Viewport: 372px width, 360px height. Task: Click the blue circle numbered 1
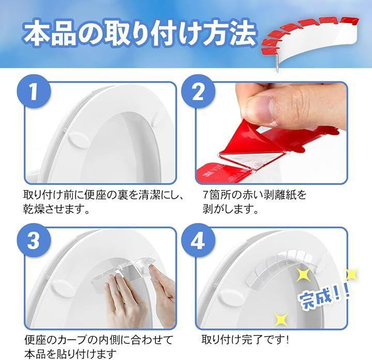tap(34, 91)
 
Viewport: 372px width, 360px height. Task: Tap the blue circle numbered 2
tap(198, 91)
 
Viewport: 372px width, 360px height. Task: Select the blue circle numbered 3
tap(34, 240)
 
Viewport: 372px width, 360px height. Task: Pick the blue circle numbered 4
tap(198, 240)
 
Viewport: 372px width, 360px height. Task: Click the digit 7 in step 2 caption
tap(206, 195)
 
